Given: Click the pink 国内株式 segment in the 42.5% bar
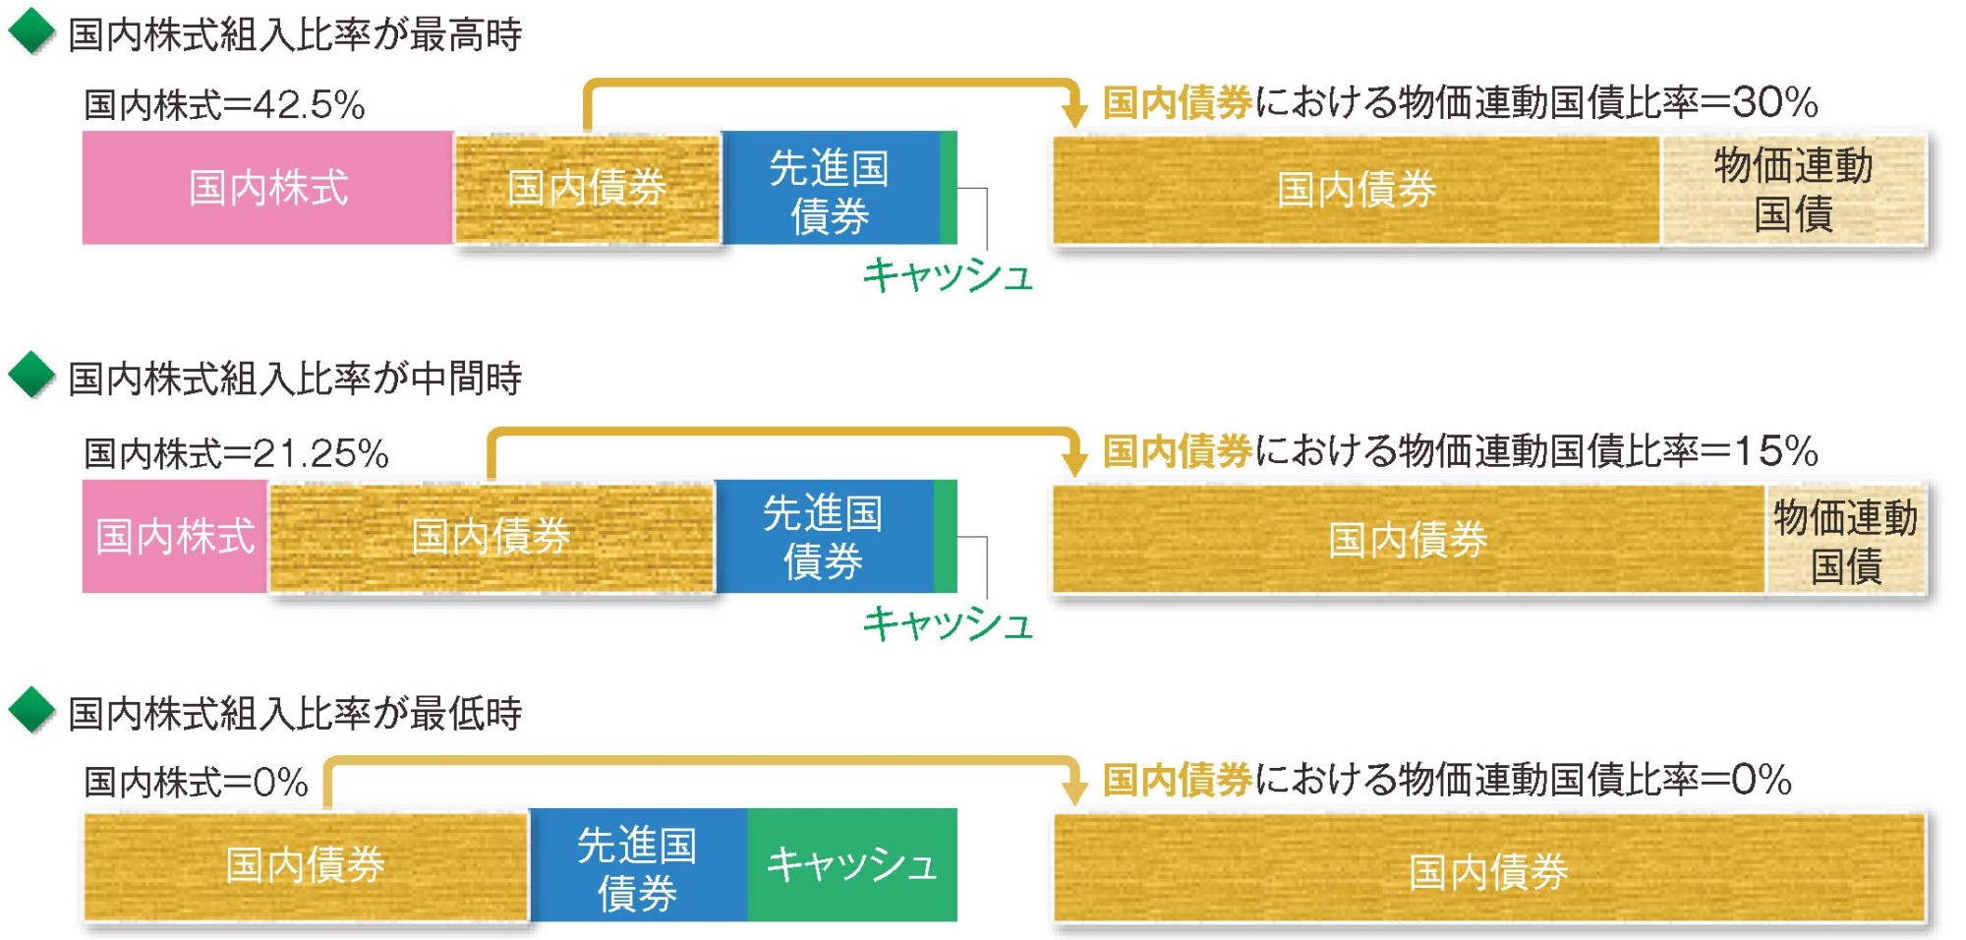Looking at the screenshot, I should click(x=267, y=187).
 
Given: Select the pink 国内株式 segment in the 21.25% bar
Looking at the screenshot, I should click(x=175, y=536).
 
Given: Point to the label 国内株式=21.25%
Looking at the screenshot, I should click(x=236, y=453).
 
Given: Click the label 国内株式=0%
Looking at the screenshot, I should click(x=196, y=783).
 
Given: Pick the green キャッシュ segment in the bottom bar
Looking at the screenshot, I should click(x=851, y=864).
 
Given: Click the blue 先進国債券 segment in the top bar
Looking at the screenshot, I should click(x=830, y=188).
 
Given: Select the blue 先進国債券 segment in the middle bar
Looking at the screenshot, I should click(x=824, y=536).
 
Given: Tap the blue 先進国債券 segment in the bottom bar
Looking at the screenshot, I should click(x=638, y=865).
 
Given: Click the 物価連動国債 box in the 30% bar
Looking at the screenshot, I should click(x=1793, y=189).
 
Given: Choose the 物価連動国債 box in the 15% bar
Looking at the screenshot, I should click(x=1845, y=539).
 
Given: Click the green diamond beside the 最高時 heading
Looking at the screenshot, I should click(x=31, y=31).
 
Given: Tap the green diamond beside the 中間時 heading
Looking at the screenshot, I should click(x=31, y=376).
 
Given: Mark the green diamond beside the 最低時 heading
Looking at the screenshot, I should click(x=31, y=711).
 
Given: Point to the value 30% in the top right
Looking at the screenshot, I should click(x=1775, y=102).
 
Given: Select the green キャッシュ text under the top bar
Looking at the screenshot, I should click(x=948, y=275).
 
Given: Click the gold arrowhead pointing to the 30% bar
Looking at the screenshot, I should click(x=1075, y=112).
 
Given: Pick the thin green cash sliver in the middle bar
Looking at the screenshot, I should click(x=945, y=536).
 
